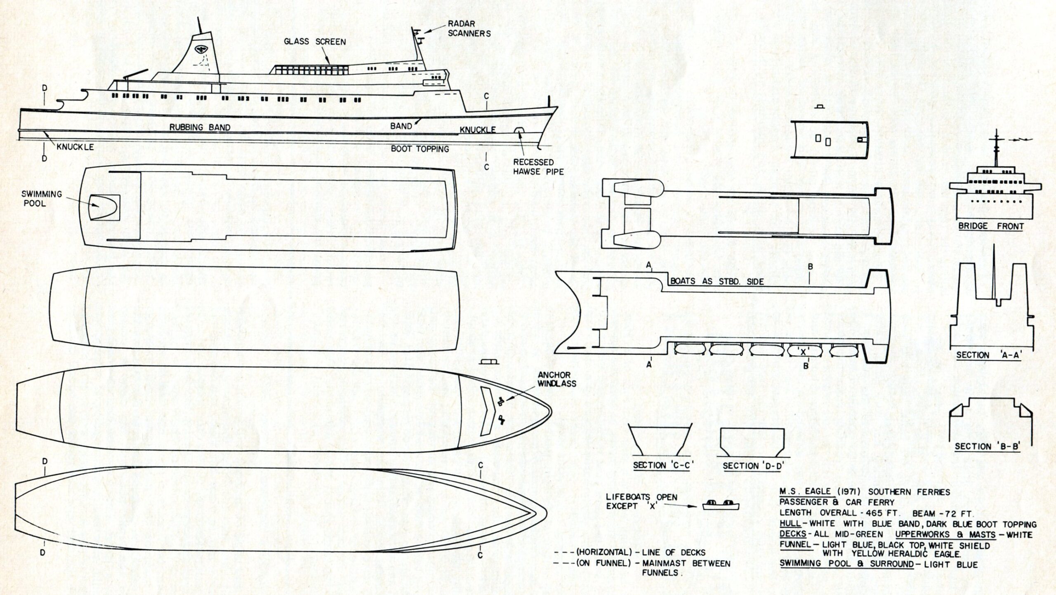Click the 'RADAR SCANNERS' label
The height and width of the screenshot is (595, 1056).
click(x=469, y=28)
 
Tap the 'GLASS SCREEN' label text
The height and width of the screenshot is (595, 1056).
click(x=315, y=42)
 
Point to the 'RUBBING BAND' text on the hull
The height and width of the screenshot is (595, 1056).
click(x=200, y=127)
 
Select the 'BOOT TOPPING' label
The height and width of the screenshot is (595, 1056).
click(x=420, y=149)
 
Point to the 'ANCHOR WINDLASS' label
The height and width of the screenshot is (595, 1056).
click(x=556, y=379)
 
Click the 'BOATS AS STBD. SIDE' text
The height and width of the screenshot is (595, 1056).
click(x=717, y=282)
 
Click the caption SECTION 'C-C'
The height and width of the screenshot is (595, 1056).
click(x=663, y=466)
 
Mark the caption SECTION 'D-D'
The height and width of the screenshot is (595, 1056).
click(x=753, y=466)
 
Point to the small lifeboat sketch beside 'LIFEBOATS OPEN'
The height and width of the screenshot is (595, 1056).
click(x=721, y=505)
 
